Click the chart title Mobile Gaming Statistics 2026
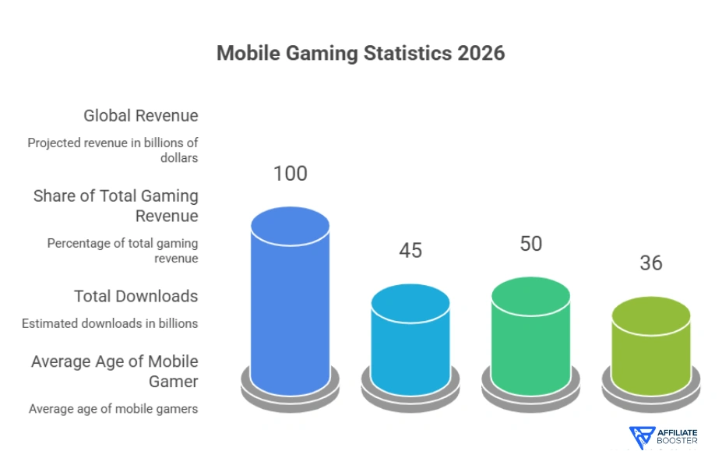[361, 53]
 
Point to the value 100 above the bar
[290, 173]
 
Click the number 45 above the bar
[410, 250]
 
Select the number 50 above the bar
[530, 244]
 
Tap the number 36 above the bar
[650, 263]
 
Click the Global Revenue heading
[140, 116]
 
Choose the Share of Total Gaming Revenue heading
[115, 206]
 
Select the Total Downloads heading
[136, 296]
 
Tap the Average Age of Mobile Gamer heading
[114, 372]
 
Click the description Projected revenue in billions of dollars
[113, 150]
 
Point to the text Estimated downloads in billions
[110, 323]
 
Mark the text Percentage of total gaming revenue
[122, 250]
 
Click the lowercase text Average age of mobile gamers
[113, 408]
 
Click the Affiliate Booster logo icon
[639, 437]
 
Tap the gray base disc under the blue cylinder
[290, 393]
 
